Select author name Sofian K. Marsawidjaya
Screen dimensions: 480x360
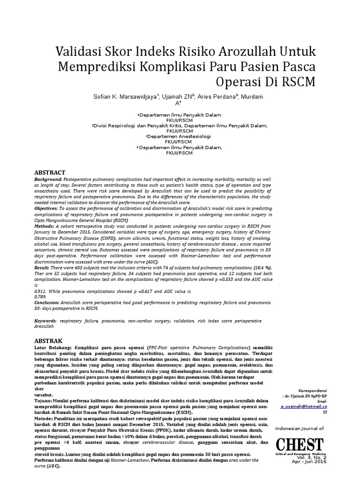click(x=126, y=97)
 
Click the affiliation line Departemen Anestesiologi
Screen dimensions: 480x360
click(x=179, y=136)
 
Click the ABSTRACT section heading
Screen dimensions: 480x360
click(x=50, y=172)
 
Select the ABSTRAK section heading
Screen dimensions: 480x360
click(x=48, y=340)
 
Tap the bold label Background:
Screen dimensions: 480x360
click(x=49, y=180)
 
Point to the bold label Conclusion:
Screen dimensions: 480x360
click(x=49, y=303)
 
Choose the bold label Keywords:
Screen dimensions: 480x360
click(x=46, y=321)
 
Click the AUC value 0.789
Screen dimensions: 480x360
click(x=41, y=297)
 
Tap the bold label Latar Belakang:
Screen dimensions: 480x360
click(x=53, y=348)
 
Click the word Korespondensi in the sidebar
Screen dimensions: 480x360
click(x=313, y=390)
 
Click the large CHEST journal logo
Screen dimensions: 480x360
click(x=299, y=444)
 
